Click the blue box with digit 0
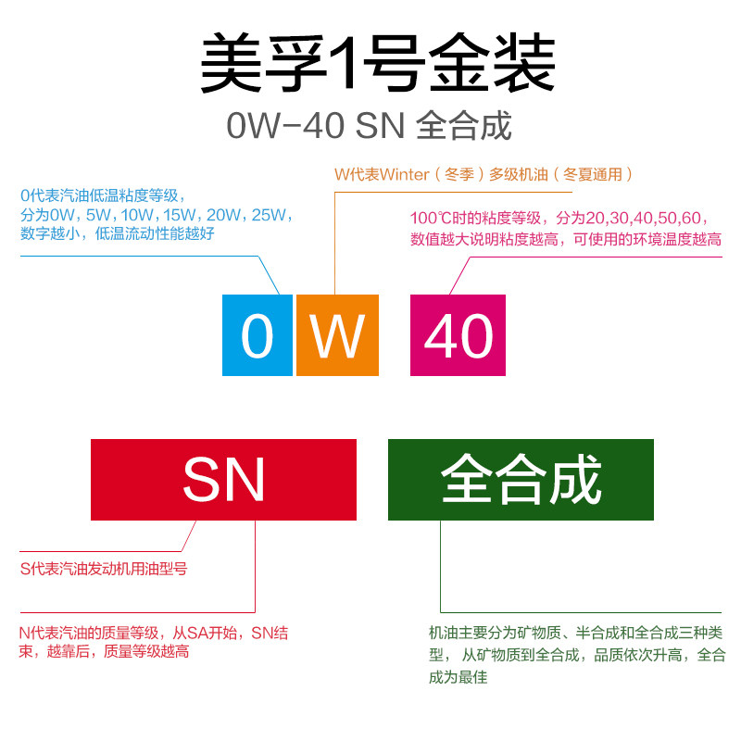click(257, 334)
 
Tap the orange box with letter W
click(337, 334)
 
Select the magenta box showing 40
click(458, 334)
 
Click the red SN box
click(223, 480)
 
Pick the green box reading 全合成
click(521, 480)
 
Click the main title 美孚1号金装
click(377, 65)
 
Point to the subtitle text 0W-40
click(284, 127)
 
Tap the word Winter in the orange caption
click(404, 174)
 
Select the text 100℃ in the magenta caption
click(433, 219)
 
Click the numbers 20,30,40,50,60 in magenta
click(647, 219)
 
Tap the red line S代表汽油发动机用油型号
click(104, 569)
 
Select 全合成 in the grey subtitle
click(464, 127)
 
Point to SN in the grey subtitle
click(380, 127)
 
